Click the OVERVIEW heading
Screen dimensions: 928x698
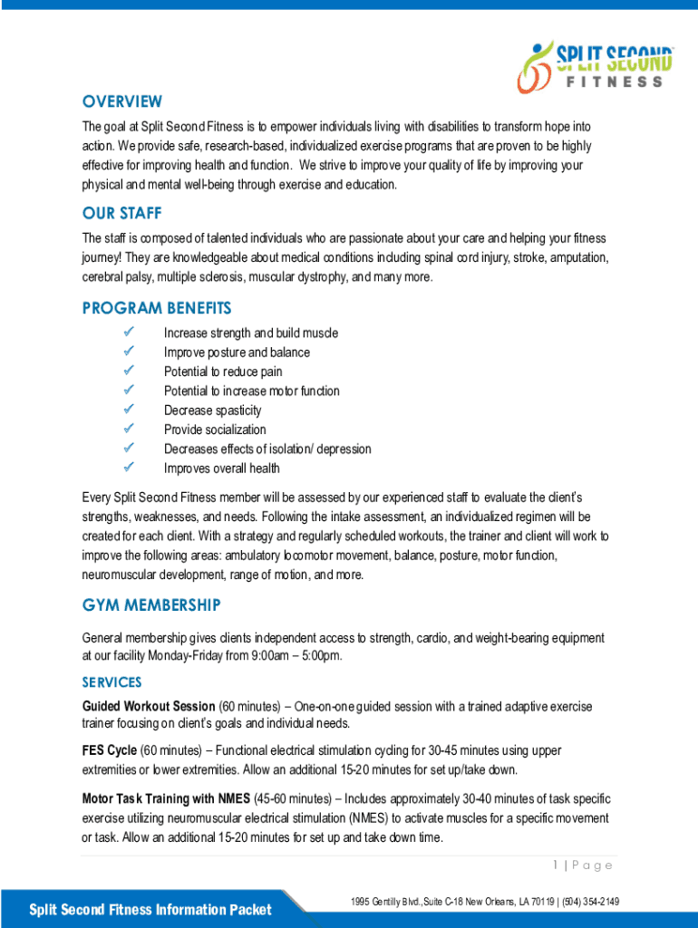(x=121, y=101)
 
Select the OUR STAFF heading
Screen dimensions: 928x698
(x=121, y=214)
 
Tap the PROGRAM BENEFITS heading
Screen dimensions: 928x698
(x=157, y=309)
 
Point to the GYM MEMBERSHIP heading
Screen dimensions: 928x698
(x=151, y=604)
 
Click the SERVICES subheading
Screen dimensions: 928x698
(x=111, y=681)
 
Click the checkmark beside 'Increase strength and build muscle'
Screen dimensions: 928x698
(x=129, y=333)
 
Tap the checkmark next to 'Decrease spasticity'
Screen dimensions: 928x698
(x=129, y=410)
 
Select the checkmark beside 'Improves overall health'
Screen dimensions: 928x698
(x=129, y=468)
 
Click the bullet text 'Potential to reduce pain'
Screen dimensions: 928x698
(x=223, y=372)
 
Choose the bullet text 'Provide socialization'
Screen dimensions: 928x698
(x=215, y=430)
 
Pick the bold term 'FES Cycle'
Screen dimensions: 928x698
(x=110, y=750)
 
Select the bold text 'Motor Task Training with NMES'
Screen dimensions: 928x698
(x=167, y=798)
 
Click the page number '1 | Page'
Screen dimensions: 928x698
(x=583, y=865)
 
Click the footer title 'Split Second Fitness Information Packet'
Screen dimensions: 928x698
(x=150, y=910)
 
